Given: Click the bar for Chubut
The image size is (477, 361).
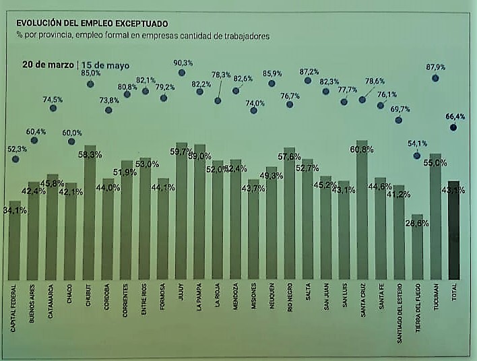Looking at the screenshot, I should click(x=90, y=216).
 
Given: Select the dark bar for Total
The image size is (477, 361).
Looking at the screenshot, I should click(x=453, y=232).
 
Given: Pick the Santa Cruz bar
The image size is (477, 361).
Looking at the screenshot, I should click(x=362, y=212).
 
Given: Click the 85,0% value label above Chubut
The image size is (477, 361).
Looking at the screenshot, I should click(x=91, y=73).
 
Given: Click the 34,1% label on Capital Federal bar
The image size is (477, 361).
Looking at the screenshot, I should click(x=15, y=209).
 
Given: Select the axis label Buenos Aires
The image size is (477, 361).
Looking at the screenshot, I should click(x=32, y=303).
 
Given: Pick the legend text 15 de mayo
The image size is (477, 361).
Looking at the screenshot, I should click(x=105, y=65).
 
